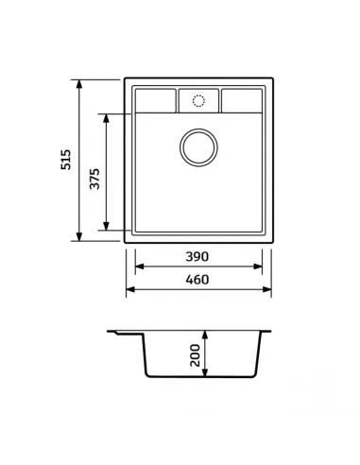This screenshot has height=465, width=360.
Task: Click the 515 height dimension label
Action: click(x=66, y=160)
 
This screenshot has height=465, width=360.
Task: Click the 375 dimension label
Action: click(x=94, y=179)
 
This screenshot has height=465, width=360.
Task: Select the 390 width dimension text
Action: click(x=197, y=256)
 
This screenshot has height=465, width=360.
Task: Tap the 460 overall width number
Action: click(x=197, y=280)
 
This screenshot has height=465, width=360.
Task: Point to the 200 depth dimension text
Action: click(x=196, y=355)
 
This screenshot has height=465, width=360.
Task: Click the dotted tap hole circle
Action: click(x=198, y=101)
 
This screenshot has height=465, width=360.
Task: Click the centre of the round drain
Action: click(x=198, y=147)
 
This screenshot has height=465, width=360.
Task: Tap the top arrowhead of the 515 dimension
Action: click(x=79, y=84)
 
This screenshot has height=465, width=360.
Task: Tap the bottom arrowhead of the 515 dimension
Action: click(x=79, y=236)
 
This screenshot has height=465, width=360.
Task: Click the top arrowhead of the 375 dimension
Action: click(x=106, y=118)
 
